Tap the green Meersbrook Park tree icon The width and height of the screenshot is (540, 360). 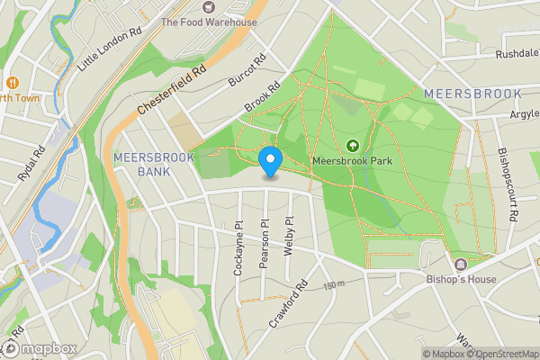(x=352, y=145)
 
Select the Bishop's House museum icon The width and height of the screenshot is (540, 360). (x=461, y=264)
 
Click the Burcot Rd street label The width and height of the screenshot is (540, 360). (x=247, y=70)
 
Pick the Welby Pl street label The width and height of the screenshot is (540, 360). (x=289, y=236)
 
